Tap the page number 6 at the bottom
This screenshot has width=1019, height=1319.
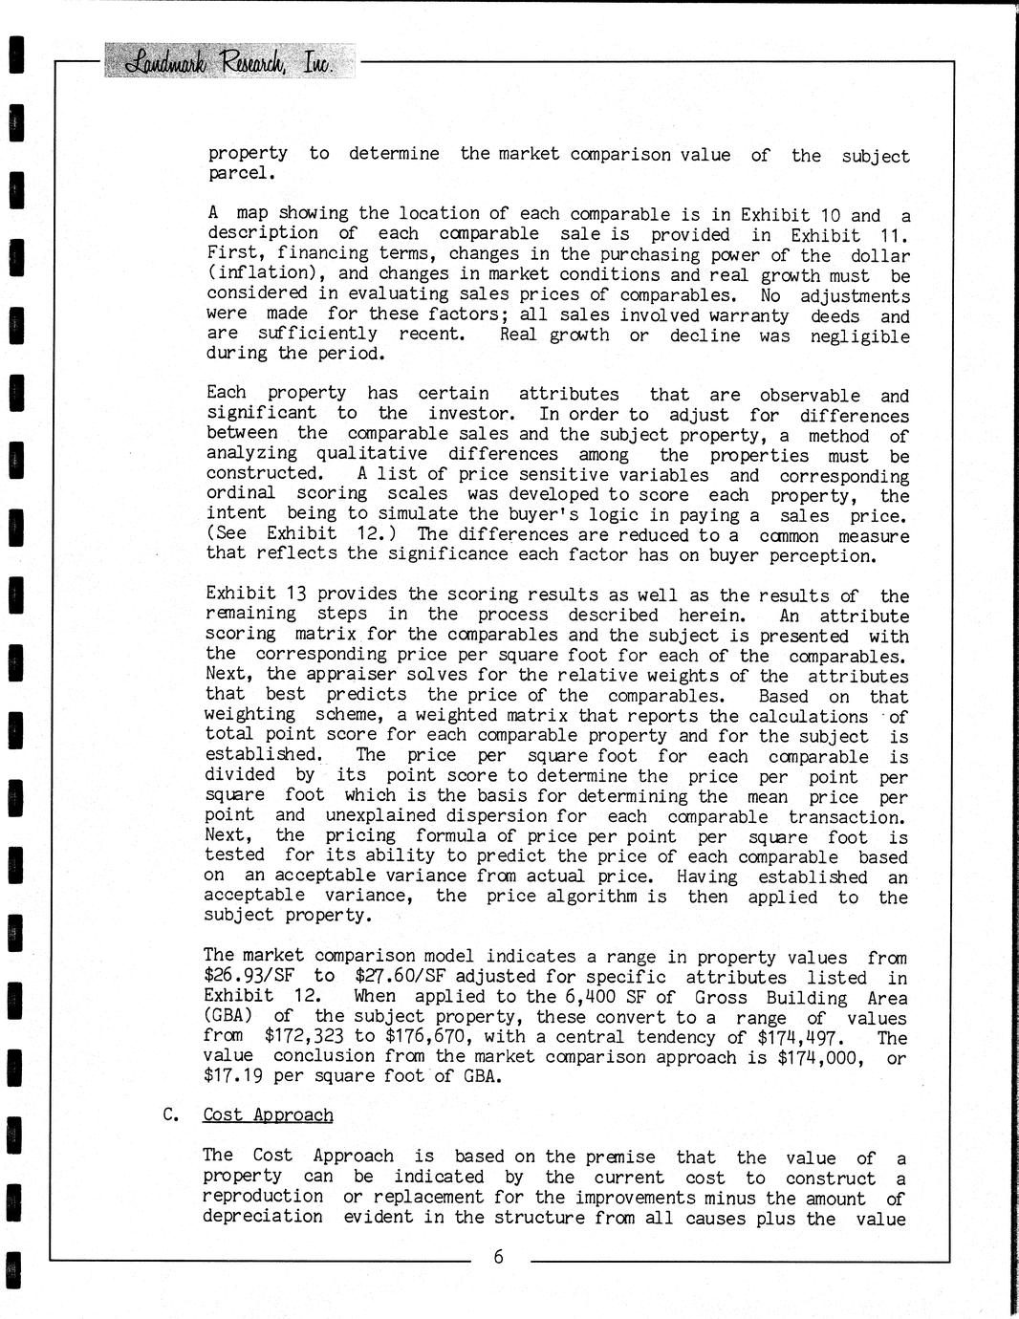[498, 1257]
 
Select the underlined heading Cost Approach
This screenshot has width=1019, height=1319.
[268, 1114]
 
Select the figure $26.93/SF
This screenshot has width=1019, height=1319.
[250, 976]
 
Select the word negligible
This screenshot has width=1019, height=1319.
[859, 335]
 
